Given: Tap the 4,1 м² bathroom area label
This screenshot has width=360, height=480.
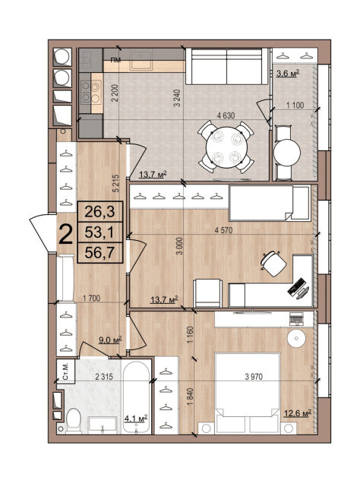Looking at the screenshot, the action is (x=136, y=418).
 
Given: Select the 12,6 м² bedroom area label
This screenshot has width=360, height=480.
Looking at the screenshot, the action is (x=298, y=414).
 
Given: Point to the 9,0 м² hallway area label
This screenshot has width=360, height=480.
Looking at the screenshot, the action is (x=110, y=339).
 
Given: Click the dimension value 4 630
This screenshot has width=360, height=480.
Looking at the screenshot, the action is (x=226, y=115).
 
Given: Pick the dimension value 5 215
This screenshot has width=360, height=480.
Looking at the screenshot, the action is (x=115, y=183).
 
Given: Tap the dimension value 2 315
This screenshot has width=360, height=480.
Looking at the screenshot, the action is (x=104, y=377).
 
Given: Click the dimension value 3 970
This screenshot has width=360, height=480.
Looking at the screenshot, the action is (x=254, y=377).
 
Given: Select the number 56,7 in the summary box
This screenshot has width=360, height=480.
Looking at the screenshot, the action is (x=99, y=253).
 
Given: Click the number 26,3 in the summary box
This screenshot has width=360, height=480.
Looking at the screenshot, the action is (x=99, y=211).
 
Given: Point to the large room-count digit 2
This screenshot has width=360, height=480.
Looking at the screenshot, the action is (x=66, y=234).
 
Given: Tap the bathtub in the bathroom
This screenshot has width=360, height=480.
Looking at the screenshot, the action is (x=136, y=397).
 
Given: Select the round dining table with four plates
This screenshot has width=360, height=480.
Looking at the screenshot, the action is (x=226, y=147).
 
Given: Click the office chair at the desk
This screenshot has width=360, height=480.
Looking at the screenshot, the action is (x=273, y=264).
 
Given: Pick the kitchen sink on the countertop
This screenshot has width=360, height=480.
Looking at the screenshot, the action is (x=141, y=61).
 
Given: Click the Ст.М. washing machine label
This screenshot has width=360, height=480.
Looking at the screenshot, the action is (x=65, y=371).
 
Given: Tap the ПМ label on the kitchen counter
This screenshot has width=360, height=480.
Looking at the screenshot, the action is (x=115, y=60).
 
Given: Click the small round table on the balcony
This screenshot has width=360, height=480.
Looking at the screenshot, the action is (x=287, y=153).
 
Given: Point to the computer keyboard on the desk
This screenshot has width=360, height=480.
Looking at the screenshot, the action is (x=295, y=286).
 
